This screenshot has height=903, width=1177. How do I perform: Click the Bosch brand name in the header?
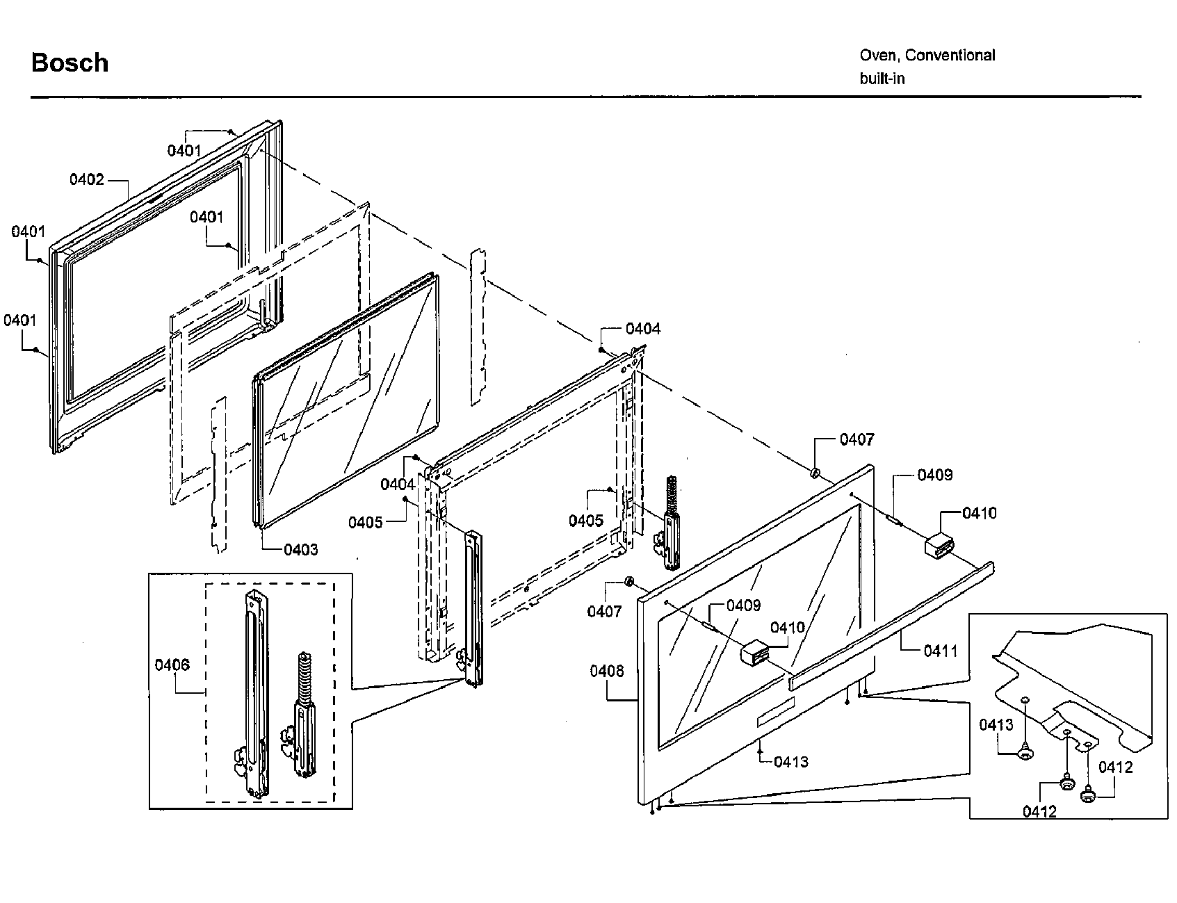[x=70, y=63]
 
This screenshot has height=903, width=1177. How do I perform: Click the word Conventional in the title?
[x=950, y=56]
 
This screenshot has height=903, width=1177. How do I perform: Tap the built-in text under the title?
[x=882, y=79]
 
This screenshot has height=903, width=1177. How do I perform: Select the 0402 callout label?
[x=86, y=180]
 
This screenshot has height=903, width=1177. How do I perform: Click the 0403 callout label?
[x=300, y=550]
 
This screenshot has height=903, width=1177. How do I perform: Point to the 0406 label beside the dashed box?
[x=172, y=665]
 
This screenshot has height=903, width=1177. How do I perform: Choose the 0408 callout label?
[x=607, y=671]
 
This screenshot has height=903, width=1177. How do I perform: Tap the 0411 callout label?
[x=940, y=651]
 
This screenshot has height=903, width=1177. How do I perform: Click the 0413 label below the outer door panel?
[x=791, y=762]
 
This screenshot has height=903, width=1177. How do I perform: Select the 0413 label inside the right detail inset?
[x=996, y=725]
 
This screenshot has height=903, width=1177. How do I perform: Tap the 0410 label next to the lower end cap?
[x=788, y=628]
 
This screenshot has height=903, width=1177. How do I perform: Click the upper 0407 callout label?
[x=857, y=439]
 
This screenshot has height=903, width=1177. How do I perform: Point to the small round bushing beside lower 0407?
[x=628, y=581]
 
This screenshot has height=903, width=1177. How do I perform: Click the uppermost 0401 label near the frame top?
[x=184, y=150]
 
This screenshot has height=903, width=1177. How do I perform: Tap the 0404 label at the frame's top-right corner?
[x=643, y=329]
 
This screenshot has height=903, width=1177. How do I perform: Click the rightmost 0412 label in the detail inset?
[x=1115, y=767]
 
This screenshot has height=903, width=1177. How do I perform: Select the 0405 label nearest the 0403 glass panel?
[x=366, y=522]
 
